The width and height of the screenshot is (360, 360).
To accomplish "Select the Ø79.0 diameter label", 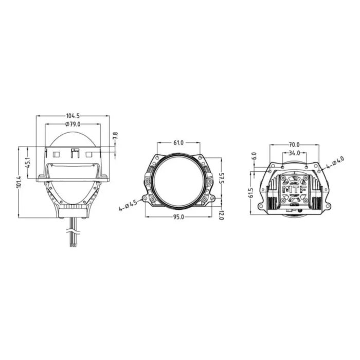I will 73,124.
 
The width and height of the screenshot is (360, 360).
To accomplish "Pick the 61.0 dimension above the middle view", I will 178,142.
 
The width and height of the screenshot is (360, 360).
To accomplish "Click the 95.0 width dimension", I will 178,217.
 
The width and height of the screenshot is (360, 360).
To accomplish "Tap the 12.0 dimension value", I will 222,214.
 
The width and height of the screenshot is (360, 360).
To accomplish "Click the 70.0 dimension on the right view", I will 294,145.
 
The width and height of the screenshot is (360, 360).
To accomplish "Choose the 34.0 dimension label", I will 294,153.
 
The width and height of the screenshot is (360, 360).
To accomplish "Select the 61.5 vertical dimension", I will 250,192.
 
